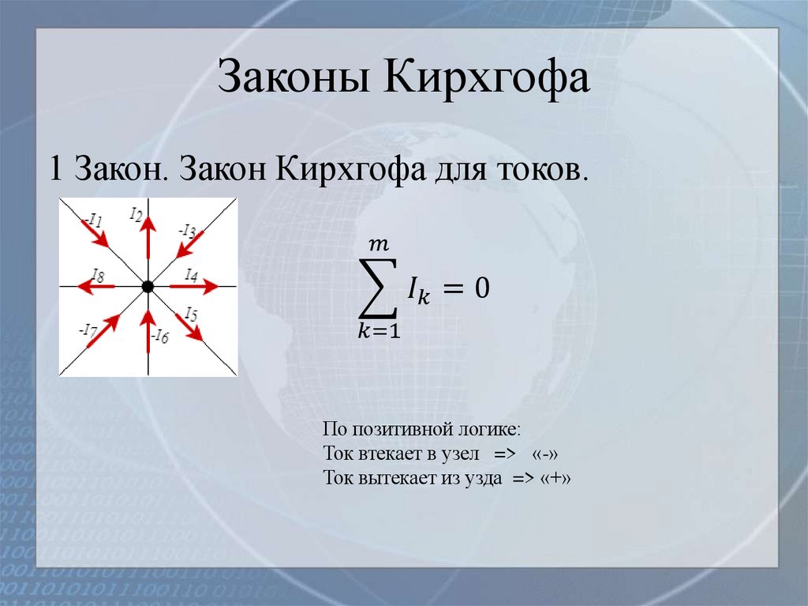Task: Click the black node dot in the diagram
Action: coord(148,287)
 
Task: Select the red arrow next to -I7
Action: coord(103,330)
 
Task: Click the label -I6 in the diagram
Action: coord(160,337)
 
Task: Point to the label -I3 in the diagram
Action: coord(187,231)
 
